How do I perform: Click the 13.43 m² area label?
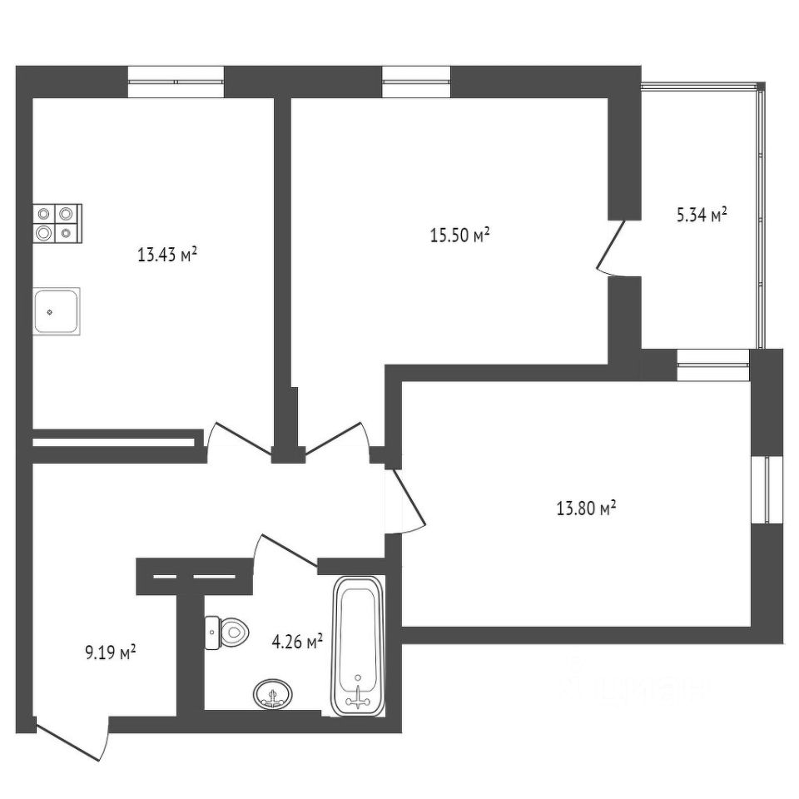(x=166, y=255)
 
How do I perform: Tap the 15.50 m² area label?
(x=459, y=236)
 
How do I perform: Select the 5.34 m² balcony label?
(x=701, y=216)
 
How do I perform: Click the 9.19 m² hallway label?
(x=111, y=653)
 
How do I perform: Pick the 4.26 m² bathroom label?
(x=297, y=642)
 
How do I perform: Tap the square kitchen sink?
(x=57, y=311)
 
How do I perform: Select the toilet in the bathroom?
(x=226, y=632)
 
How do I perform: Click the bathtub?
(x=359, y=647)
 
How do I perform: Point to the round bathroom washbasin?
(x=274, y=693)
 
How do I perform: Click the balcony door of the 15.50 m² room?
(x=613, y=247)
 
